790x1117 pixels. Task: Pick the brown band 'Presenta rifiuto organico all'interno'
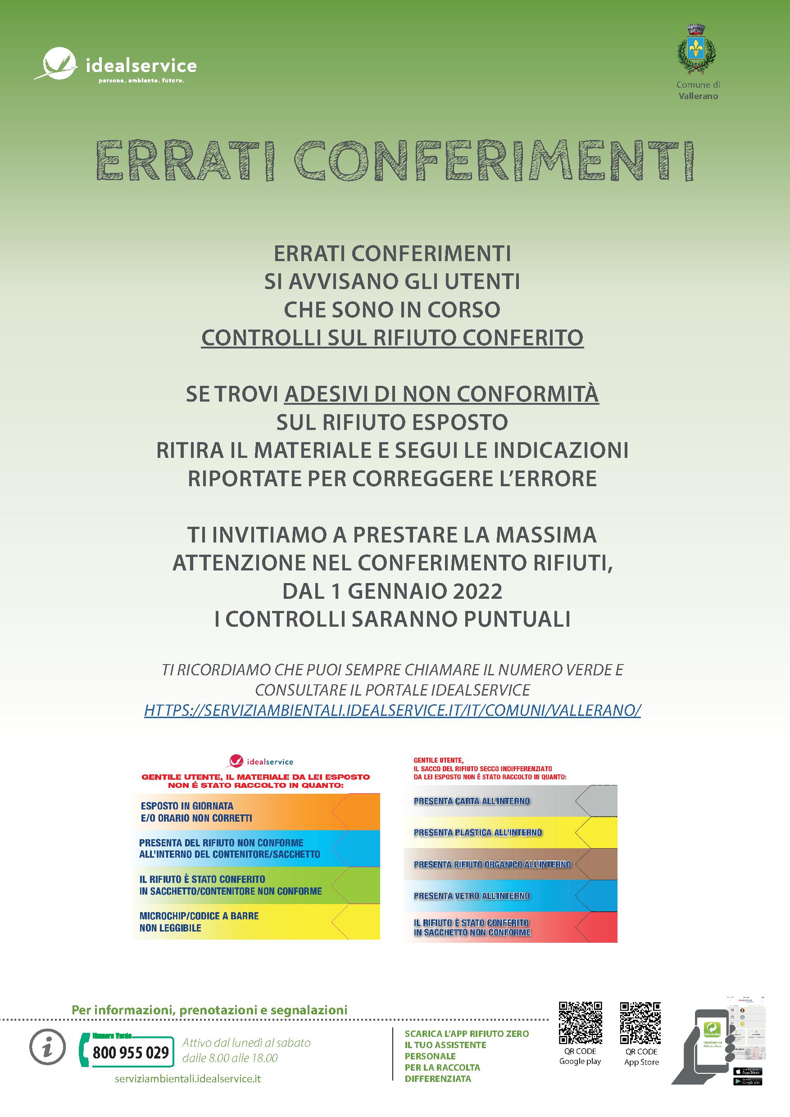510,864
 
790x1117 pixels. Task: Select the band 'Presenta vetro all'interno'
510,896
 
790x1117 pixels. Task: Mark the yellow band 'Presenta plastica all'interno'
510,833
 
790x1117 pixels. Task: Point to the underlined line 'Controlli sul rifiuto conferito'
392,338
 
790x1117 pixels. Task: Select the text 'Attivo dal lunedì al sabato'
246,1043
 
